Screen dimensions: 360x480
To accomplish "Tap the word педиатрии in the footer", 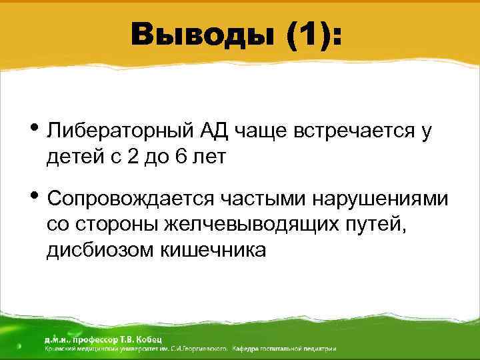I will tap(319, 349).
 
